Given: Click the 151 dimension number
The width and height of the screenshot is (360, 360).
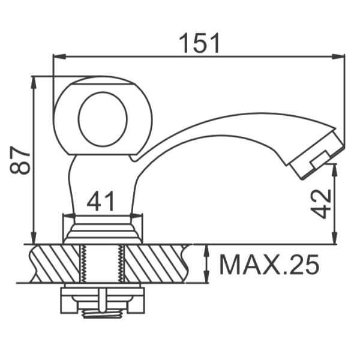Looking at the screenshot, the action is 199,43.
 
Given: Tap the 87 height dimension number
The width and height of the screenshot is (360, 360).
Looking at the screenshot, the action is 20,160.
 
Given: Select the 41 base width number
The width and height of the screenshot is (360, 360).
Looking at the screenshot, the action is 101,201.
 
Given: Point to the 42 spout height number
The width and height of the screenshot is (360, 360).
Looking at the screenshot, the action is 321,203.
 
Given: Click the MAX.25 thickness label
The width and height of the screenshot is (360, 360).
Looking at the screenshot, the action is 269,265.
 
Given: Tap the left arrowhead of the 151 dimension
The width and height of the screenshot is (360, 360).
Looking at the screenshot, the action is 59,56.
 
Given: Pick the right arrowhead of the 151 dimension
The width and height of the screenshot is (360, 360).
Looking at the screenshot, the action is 338,56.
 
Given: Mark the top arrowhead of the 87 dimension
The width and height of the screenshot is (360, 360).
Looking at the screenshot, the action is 34,82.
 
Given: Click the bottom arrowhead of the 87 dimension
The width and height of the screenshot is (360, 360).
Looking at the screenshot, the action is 34,238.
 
